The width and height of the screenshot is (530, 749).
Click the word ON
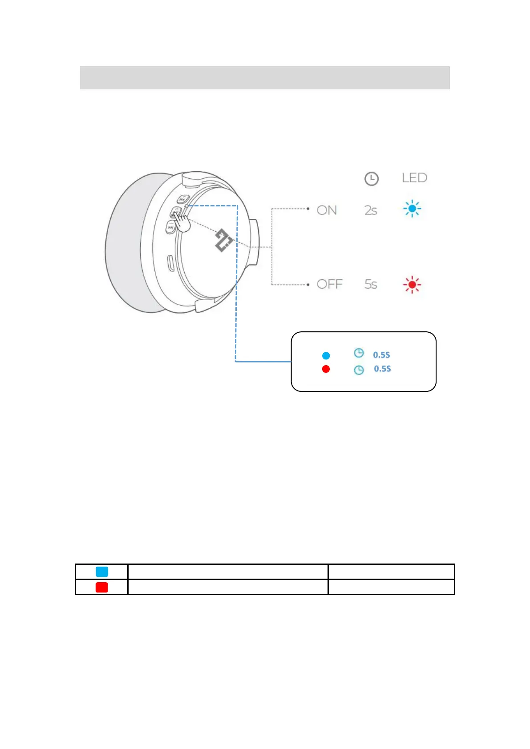tap(327, 210)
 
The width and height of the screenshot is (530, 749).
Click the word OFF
tap(329, 284)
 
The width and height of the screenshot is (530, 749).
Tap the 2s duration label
tap(371, 210)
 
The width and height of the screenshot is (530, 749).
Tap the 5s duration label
tap(371, 284)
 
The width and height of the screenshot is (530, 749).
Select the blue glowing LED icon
tap(412, 209)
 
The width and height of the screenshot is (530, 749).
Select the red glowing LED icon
tap(412, 284)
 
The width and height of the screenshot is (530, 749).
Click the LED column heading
tap(414, 178)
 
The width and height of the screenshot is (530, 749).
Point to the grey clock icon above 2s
tap(371, 179)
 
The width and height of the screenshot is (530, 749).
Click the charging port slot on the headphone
tap(170, 263)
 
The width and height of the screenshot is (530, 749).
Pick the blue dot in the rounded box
tap(326, 355)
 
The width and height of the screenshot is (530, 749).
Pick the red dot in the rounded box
tap(326, 369)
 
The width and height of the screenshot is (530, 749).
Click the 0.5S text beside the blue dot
tap(381, 355)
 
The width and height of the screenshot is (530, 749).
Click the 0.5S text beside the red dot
tap(382, 369)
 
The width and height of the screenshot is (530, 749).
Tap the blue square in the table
tap(102, 572)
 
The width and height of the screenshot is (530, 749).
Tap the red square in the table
tap(102, 587)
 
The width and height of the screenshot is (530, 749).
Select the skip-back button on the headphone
tap(183, 199)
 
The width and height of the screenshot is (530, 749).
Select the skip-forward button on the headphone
tap(170, 227)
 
